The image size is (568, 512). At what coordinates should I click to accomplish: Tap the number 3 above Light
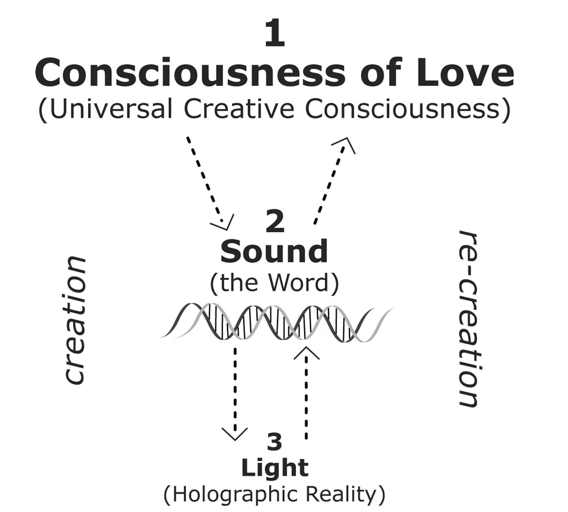click(274, 442)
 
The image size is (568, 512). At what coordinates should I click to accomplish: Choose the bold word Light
click(275, 468)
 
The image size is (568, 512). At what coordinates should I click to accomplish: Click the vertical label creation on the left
click(75, 319)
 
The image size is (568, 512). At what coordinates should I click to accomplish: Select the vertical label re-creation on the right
click(469, 318)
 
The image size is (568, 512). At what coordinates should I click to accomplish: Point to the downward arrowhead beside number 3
click(235, 433)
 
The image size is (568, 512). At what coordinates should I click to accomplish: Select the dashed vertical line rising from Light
click(306, 399)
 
